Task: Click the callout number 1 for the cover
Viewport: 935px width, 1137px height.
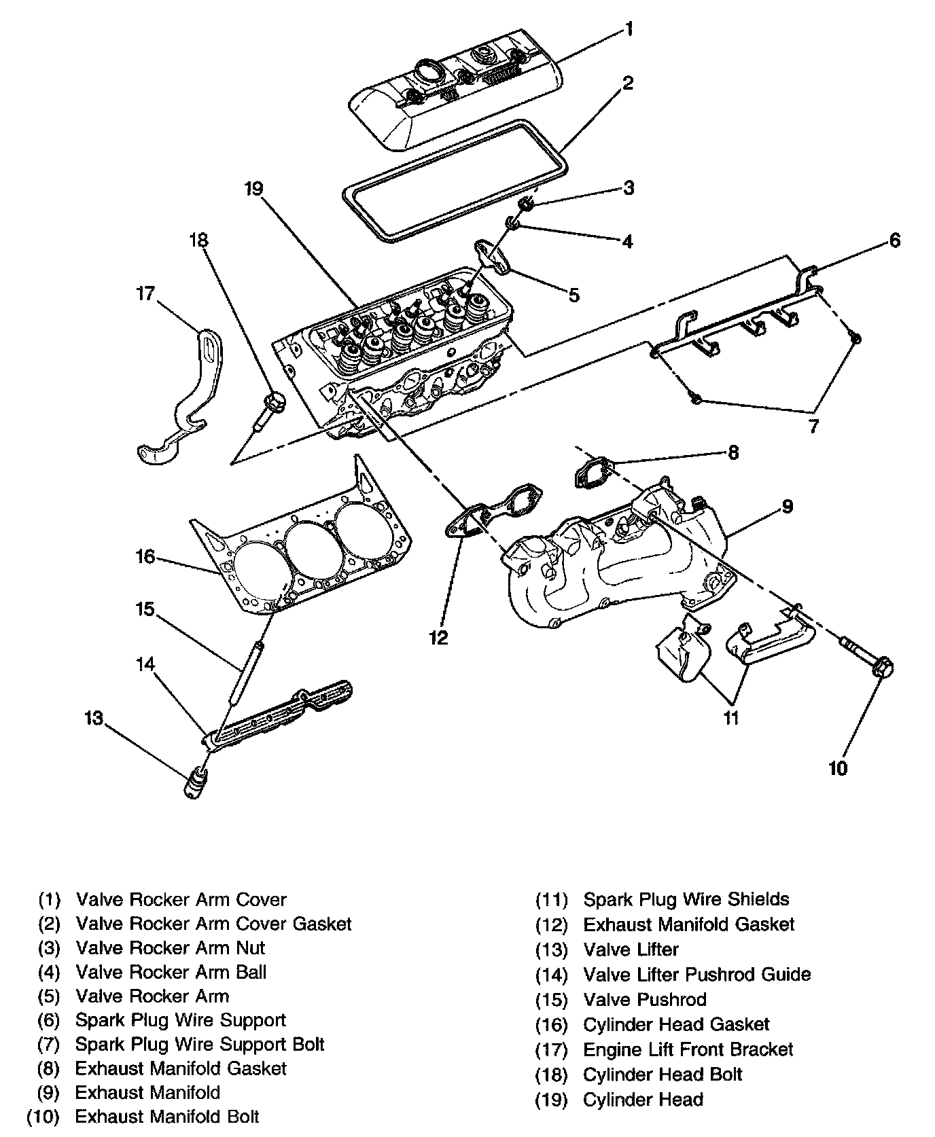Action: (x=629, y=29)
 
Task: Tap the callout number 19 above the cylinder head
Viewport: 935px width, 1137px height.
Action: (x=254, y=189)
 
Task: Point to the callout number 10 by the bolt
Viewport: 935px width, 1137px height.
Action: (x=838, y=768)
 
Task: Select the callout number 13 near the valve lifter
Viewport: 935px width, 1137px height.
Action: (x=94, y=718)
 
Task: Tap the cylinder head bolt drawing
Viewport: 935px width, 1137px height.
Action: (x=270, y=412)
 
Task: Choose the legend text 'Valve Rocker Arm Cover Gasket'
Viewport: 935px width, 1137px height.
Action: (x=213, y=924)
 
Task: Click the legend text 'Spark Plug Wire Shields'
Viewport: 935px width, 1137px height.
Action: (x=686, y=899)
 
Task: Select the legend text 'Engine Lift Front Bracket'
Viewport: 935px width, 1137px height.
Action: (x=688, y=1049)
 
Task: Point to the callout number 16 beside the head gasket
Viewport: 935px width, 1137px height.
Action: (x=146, y=557)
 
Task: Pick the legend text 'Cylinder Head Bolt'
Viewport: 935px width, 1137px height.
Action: (x=662, y=1075)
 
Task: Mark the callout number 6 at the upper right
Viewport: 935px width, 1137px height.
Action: (x=894, y=240)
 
